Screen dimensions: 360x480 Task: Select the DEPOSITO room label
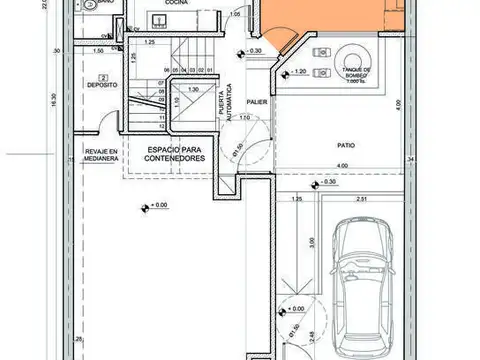(103, 86)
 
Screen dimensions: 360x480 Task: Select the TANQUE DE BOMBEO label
(356, 75)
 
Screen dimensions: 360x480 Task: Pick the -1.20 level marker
(297, 72)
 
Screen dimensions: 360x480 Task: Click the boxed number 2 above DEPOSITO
(102, 76)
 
